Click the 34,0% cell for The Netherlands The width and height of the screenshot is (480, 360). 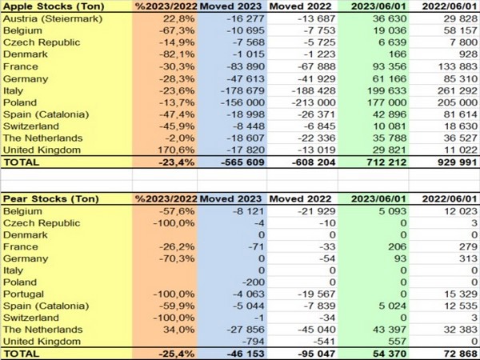click(167, 329)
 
